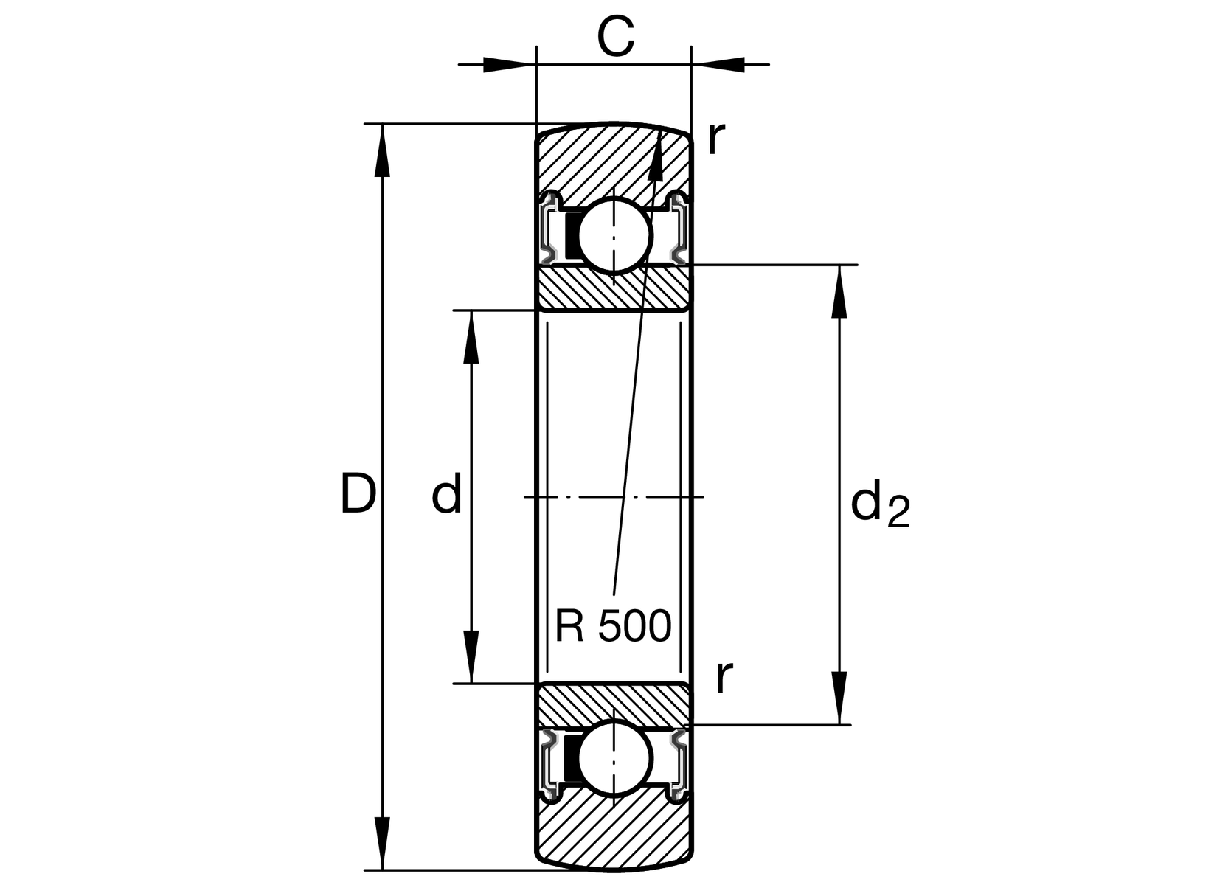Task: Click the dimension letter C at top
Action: (615, 38)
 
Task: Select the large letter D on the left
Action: (358, 494)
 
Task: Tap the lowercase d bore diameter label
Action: (447, 494)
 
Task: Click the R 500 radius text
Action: (613, 626)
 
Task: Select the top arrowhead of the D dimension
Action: (382, 150)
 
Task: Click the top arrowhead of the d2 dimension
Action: (839, 291)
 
